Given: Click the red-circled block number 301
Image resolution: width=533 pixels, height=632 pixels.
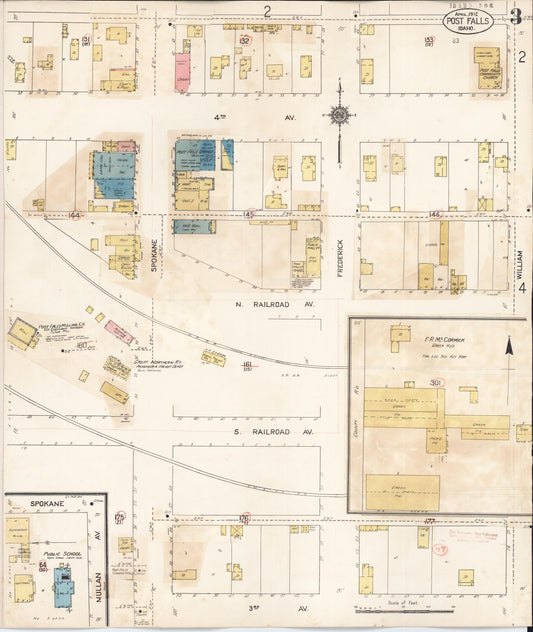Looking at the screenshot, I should pos(436,382).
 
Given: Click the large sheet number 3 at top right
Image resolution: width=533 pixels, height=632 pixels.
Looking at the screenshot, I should pos(515,16).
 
